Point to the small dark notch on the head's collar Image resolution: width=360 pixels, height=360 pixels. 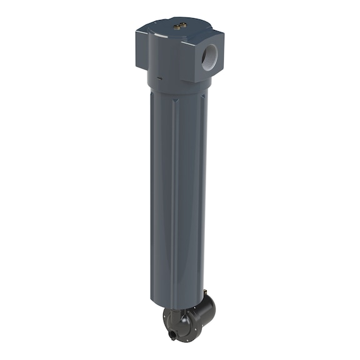(159, 79)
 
